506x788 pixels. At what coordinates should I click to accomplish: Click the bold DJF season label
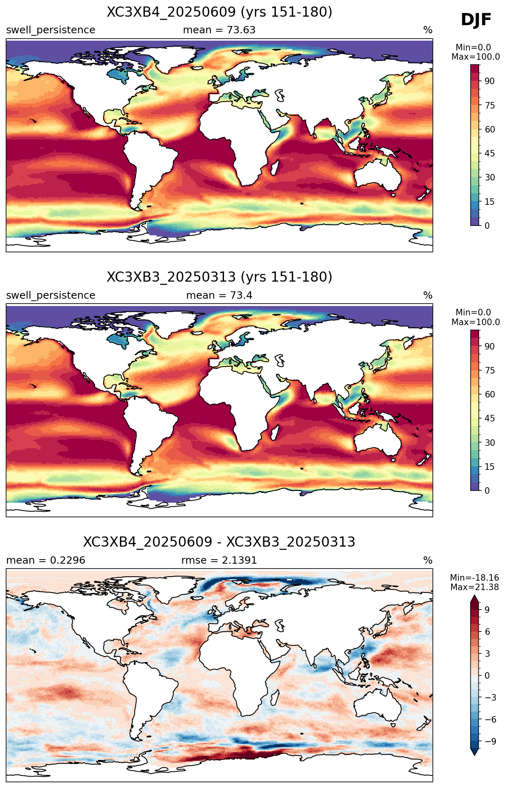(476, 20)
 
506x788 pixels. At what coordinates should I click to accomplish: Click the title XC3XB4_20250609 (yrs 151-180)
(219, 12)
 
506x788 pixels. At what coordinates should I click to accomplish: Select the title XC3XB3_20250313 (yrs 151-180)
(219, 277)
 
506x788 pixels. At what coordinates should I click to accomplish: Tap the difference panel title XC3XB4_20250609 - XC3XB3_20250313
(219, 542)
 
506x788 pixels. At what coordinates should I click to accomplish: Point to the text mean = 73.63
(219, 30)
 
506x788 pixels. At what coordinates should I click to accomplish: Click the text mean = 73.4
(219, 295)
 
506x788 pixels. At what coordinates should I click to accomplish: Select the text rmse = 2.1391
(219, 560)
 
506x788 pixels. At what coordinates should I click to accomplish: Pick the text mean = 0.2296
(46, 560)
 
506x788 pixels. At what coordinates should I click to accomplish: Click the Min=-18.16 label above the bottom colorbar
(475, 578)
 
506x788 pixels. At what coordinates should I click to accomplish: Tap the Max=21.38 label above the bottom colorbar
(475, 587)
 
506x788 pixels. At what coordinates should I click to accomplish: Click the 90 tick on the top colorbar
(489, 81)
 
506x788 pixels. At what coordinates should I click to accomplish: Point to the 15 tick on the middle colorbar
(489, 467)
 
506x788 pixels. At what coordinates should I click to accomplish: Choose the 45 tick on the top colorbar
(489, 154)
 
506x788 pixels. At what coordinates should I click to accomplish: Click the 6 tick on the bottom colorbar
(487, 632)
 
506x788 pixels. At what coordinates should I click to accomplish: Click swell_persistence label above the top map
(51, 30)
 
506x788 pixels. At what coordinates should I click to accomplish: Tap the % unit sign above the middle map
(428, 295)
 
